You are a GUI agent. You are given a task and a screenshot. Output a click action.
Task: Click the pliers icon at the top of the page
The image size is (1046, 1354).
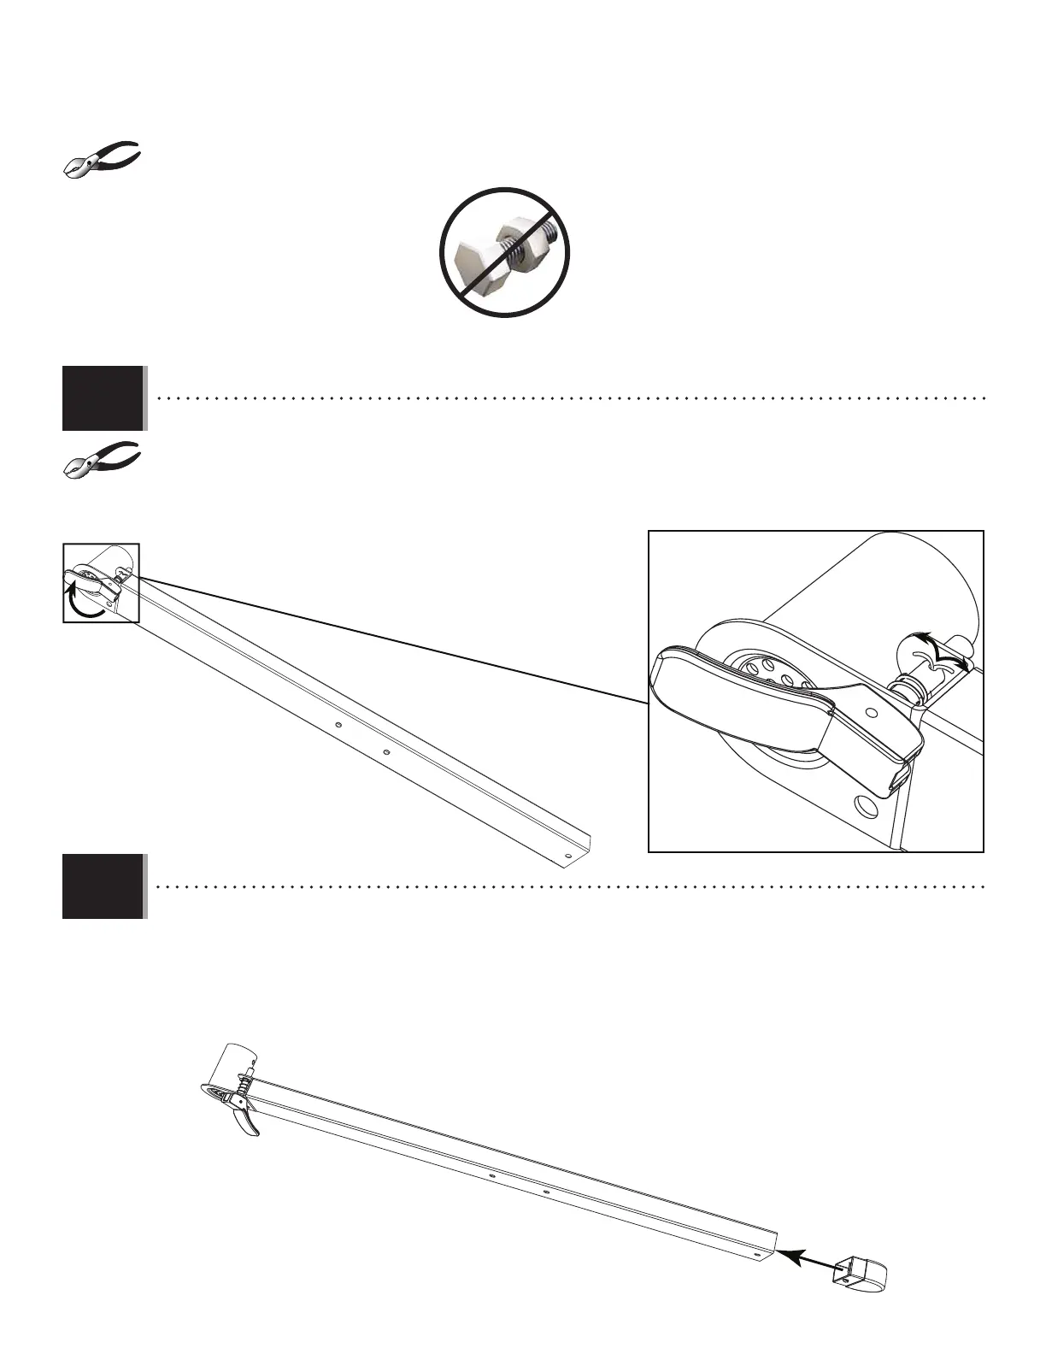point(103,158)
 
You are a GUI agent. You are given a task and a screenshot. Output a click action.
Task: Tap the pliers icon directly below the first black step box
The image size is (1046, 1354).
point(103,459)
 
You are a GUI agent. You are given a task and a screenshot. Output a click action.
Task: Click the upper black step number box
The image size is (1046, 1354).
point(103,398)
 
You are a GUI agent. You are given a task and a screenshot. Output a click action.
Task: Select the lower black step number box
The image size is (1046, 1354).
point(103,886)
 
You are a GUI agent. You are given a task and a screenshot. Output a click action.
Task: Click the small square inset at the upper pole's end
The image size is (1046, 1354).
point(101,582)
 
